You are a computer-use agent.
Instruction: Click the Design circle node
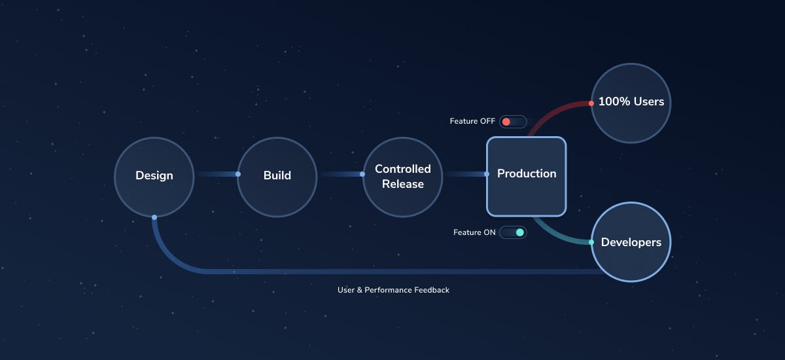tap(154, 176)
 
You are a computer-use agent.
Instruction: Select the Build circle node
tap(277, 176)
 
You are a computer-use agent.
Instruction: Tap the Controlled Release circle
tap(402, 177)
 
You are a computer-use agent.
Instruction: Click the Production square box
tap(526, 175)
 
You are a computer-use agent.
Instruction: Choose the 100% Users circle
tap(631, 102)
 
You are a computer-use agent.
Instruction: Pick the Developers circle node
tap(631, 242)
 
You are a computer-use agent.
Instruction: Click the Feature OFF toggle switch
tap(513, 122)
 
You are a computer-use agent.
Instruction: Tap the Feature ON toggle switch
tap(513, 232)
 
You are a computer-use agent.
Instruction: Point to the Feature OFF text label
tap(472, 122)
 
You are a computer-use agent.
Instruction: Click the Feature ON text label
tap(474, 232)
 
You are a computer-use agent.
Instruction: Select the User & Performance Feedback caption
tap(393, 289)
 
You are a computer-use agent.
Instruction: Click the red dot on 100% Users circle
tap(591, 103)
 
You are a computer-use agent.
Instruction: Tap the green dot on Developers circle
tap(591, 242)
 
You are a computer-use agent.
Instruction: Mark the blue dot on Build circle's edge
tap(238, 174)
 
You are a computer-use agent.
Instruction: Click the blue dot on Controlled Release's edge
tap(362, 174)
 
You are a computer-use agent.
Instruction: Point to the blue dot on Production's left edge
tap(487, 174)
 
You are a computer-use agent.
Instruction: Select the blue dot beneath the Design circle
tap(154, 217)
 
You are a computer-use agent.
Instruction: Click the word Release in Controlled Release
tap(402, 185)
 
